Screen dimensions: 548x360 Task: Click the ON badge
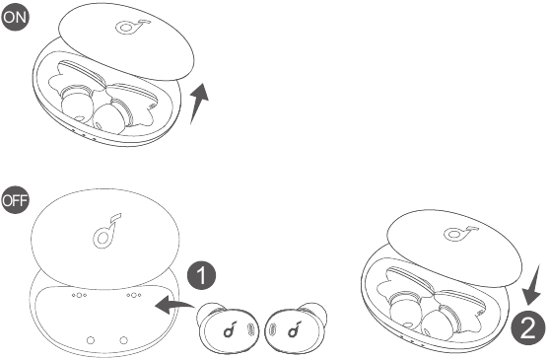15,16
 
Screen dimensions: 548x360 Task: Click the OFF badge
15,200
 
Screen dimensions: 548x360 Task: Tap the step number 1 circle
202,275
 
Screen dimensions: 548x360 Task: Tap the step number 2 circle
528,328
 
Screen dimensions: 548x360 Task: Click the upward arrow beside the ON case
199,103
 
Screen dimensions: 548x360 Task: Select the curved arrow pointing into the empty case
174,305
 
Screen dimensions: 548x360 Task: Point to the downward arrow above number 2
532,285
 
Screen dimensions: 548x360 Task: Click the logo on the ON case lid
132,27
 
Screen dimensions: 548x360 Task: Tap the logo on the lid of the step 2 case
461,233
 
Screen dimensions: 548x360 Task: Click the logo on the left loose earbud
230,328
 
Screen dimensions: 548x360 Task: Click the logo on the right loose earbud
295,328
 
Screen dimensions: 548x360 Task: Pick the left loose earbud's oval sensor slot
250,329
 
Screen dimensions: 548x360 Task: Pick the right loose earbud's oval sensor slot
273,329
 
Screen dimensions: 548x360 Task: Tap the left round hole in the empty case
91,339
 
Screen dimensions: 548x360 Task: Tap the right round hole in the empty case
123,339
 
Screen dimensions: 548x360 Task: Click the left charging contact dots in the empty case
79,295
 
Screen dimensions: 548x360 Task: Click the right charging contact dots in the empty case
134,295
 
